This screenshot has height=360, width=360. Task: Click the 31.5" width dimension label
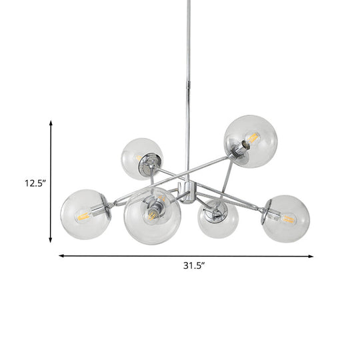(x=194, y=265)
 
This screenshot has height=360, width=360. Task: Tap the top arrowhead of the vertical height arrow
(x=51, y=123)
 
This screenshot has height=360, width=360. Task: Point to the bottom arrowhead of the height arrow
(x=51, y=240)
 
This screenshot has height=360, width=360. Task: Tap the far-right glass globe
(x=285, y=218)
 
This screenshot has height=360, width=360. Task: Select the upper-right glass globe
(x=250, y=141)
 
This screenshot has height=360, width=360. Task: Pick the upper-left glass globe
(x=141, y=158)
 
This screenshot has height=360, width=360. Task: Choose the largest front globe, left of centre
(x=153, y=215)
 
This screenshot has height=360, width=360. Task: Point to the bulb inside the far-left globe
(x=83, y=215)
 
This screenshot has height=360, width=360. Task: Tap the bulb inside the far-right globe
(x=289, y=218)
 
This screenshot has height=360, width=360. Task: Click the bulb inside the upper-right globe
(x=253, y=138)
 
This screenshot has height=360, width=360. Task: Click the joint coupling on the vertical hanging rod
(x=188, y=86)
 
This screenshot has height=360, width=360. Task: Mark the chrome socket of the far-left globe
(x=100, y=211)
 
